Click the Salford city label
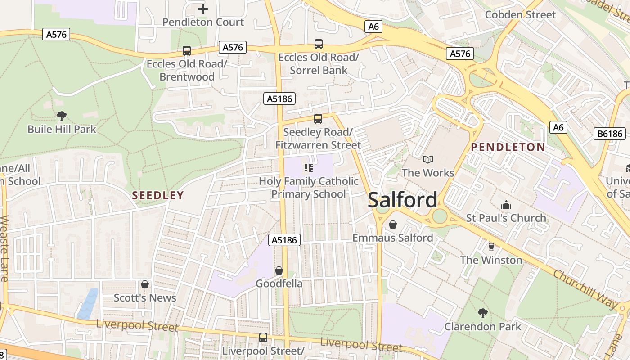402,200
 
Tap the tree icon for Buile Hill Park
62,116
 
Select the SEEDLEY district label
158,195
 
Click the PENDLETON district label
508,147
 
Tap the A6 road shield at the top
373,27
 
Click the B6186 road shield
610,134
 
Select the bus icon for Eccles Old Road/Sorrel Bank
319,44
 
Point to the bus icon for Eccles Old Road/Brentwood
187,51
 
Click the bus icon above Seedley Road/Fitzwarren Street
318,119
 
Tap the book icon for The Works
427,159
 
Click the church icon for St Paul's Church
506,205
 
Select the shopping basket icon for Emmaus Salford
393,224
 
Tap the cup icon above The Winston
491,247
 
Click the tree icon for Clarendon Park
483,313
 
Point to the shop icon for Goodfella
279,270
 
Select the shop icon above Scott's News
145,284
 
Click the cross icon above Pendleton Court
203,9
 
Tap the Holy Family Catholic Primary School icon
309,168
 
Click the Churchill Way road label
585,290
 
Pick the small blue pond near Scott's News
88,304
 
